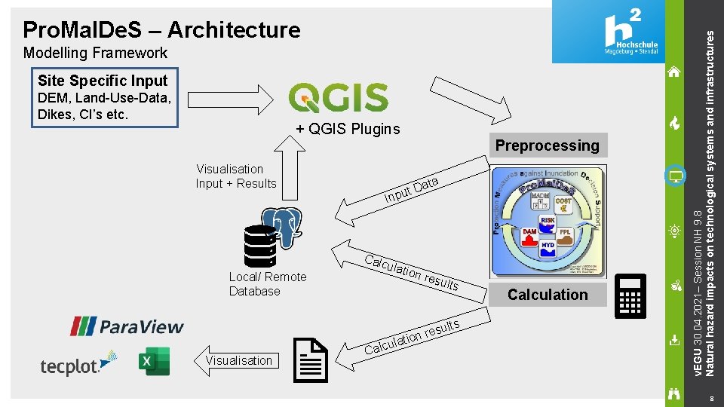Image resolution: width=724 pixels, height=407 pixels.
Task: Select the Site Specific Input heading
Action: pyautogui.click(x=103, y=81)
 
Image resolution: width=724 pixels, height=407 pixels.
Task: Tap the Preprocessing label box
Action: pyautogui.click(x=547, y=145)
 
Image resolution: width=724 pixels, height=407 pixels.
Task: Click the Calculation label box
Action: pyautogui.click(x=547, y=295)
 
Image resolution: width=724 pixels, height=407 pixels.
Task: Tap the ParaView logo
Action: pyautogui.click(x=126, y=326)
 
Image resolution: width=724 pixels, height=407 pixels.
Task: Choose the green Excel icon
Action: pyautogui.click(x=155, y=361)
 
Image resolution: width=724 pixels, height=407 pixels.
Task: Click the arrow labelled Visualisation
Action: pyautogui.click(x=236, y=360)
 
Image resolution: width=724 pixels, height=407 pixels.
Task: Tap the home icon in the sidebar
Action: pyautogui.click(x=674, y=72)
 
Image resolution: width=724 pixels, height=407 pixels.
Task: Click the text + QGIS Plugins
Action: pyautogui.click(x=348, y=129)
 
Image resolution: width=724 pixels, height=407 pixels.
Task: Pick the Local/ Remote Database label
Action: pyautogui.click(x=267, y=284)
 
